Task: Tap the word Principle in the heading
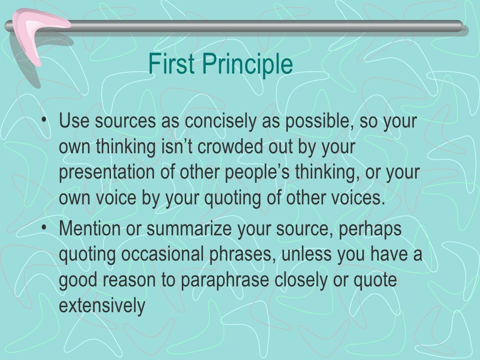(248, 65)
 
